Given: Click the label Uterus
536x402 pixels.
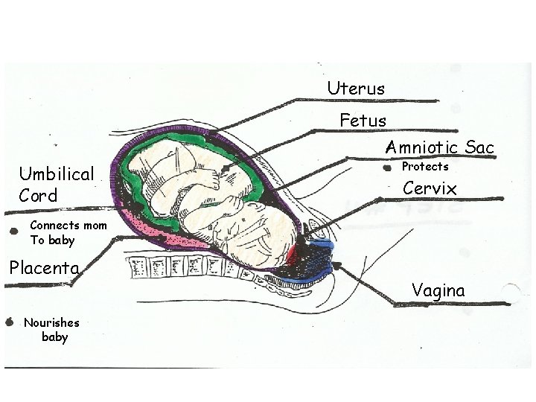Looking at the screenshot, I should click(x=356, y=89).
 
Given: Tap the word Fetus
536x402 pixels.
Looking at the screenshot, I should click(x=363, y=120).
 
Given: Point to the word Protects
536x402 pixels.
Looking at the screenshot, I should click(x=425, y=167).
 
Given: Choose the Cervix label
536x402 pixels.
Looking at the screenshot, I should click(x=430, y=189).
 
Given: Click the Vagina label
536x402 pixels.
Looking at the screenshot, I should click(x=438, y=290).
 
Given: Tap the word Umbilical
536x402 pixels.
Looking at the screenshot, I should click(x=57, y=175).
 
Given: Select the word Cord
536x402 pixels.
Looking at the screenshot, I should click(x=38, y=196).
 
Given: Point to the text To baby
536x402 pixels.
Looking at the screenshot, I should click(x=52, y=240).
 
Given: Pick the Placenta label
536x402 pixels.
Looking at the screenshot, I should click(x=44, y=267).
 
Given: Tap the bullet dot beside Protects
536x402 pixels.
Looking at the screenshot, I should click(x=386, y=169).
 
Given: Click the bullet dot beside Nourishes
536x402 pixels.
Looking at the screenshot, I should click(x=10, y=322).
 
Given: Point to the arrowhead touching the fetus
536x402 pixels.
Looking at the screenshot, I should click(x=226, y=172).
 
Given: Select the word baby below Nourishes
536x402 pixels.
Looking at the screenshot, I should click(x=55, y=337).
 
